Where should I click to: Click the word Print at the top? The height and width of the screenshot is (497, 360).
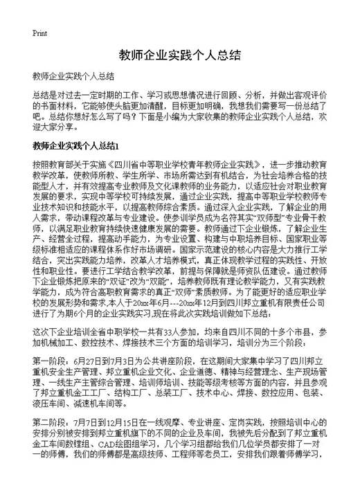[39, 33]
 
